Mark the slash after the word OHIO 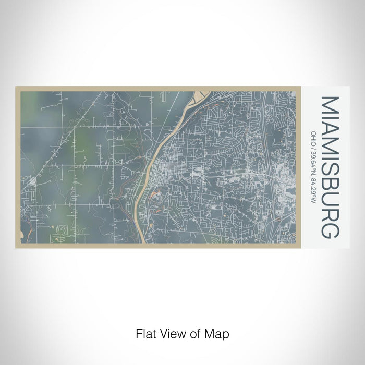pos(314,145)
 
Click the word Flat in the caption pos(145,333)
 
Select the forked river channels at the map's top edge pos(201,95)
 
